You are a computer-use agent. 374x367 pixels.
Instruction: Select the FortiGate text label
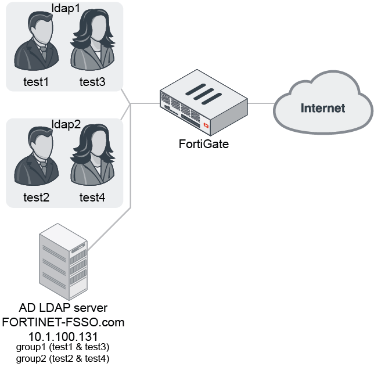203,144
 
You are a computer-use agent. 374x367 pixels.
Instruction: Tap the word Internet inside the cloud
322,108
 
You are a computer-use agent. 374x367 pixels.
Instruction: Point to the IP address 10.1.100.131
63,336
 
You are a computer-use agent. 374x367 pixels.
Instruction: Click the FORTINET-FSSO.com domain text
63,321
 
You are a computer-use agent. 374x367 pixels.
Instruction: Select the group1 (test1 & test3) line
63,347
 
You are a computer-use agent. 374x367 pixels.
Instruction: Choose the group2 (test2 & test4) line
63,358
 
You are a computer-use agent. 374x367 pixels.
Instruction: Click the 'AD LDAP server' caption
63,307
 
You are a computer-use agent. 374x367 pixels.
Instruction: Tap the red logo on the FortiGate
206,124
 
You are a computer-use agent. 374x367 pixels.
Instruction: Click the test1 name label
36,82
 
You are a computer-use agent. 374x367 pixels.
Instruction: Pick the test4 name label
92,198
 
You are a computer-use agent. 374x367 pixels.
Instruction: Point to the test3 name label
92,82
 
